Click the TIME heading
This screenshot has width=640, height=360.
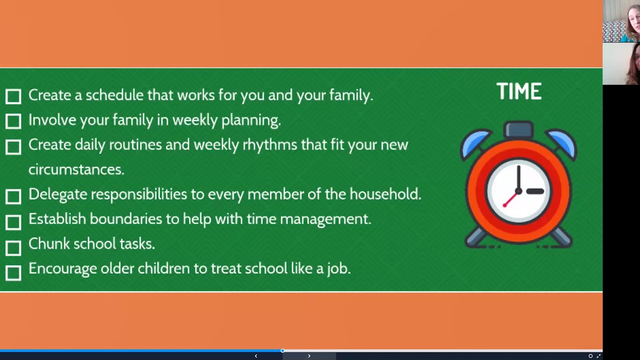518,92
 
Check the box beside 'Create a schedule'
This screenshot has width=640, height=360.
13,96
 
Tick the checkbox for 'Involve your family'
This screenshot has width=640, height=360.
13,121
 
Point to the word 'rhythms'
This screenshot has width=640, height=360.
269,145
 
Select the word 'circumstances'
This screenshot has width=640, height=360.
75,169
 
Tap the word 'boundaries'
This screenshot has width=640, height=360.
125,219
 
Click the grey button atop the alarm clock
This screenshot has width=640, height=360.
518,129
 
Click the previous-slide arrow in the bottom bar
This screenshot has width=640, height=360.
256,356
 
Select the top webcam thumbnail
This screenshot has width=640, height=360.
621,21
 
